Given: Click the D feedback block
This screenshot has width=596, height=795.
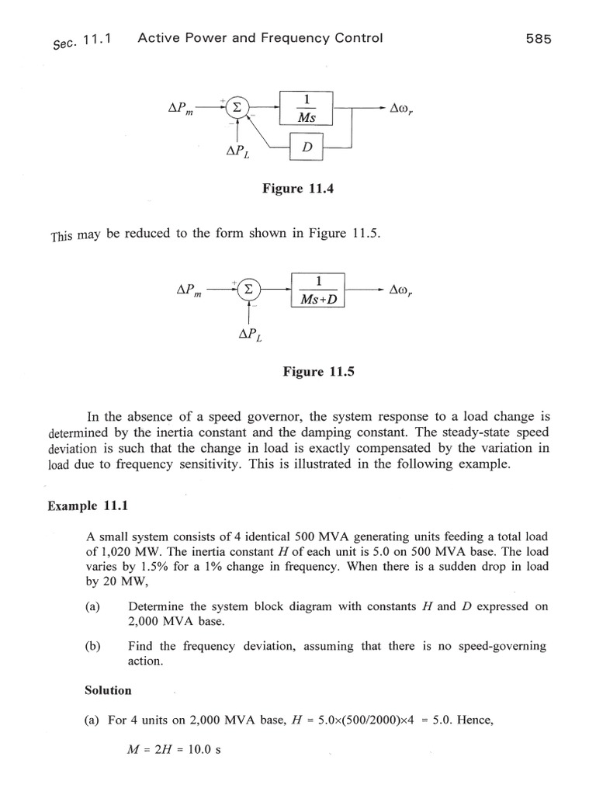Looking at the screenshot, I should tap(306, 146).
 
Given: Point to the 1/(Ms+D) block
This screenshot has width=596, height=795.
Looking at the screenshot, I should tap(319, 290).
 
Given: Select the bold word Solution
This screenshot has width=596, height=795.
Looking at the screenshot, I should tap(107, 690).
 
